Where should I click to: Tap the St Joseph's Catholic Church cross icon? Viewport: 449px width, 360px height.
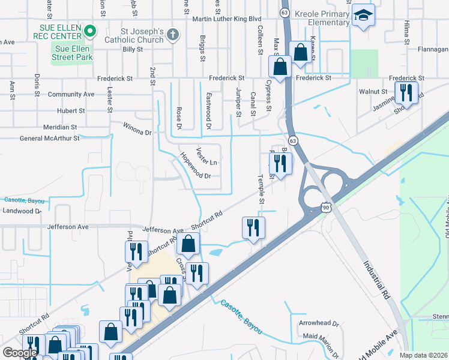pos(173,34)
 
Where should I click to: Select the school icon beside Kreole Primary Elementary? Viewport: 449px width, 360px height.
pos(363,16)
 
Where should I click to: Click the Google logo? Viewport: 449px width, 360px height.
pos(20,353)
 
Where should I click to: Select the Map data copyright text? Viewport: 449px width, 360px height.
pos(424,355)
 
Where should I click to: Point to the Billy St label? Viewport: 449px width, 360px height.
pos(132,49)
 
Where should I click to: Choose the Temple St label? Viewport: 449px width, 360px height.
pos(261,188)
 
